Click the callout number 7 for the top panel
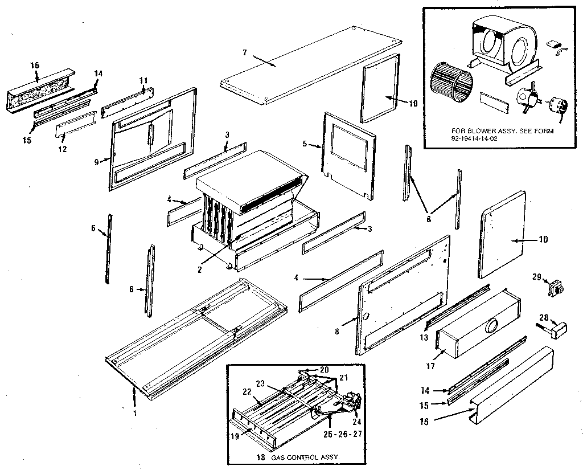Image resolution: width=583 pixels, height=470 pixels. point(244,52)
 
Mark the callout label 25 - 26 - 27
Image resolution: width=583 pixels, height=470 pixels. point(342,434)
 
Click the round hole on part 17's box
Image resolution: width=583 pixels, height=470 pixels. point(490,326)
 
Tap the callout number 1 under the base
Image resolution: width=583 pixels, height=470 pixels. point(135,413)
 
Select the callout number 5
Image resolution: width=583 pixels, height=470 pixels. point(305,144)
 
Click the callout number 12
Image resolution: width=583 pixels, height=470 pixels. point(62,149)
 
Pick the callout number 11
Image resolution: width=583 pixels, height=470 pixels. point(143,80)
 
